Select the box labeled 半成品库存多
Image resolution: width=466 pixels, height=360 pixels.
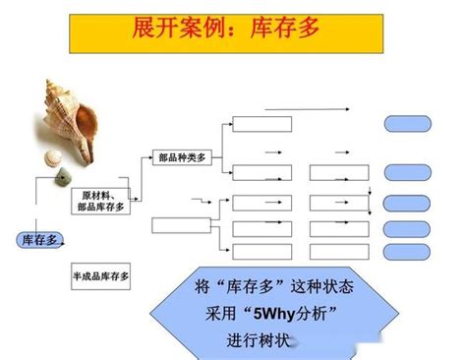tap(102, 276)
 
